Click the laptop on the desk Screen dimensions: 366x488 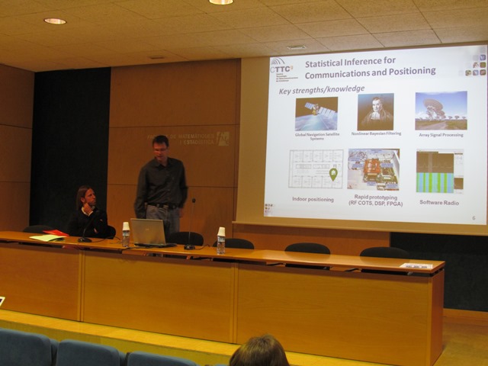tap(148, 232)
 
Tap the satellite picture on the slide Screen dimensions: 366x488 tap(316, 113)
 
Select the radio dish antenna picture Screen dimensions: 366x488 tap(441, 111)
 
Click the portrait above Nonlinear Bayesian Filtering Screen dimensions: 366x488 tap(376, 111)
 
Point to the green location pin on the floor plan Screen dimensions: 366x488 tap(333, 174)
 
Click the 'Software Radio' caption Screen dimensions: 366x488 tap(441, 202)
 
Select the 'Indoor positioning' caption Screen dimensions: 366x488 tap(313, 199)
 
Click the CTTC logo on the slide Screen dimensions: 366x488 tap(280, 67)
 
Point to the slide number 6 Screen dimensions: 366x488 tap(474, 217)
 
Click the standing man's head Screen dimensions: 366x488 tap(160, 146)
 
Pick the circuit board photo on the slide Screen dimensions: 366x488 tap(373, 169)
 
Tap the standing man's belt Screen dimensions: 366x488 tap(162, 206)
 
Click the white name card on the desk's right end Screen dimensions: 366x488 tap(416, 265)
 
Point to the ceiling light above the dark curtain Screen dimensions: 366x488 tap(55, 21)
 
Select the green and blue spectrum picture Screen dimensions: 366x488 tap(439, 171)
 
